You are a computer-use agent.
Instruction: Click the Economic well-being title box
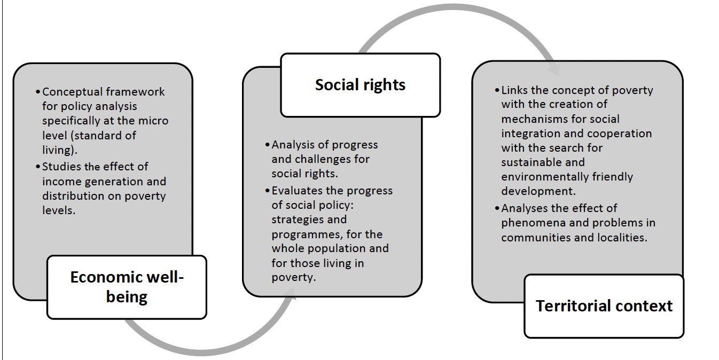127,287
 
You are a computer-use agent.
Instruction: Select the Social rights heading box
360,85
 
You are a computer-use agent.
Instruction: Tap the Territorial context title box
604,306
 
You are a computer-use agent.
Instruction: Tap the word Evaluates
297,191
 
